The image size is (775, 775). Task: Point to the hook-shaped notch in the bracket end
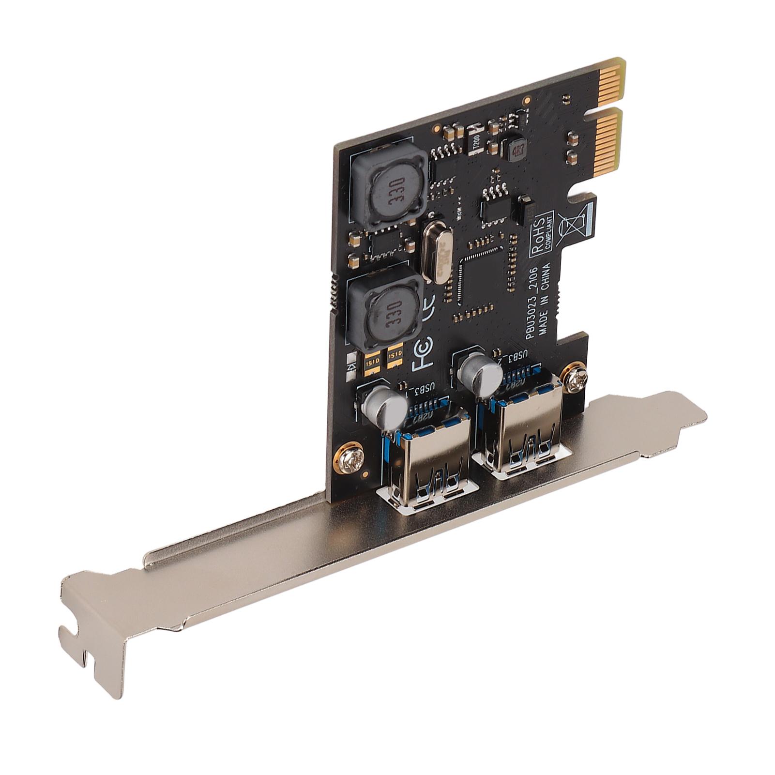click(80, 639)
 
